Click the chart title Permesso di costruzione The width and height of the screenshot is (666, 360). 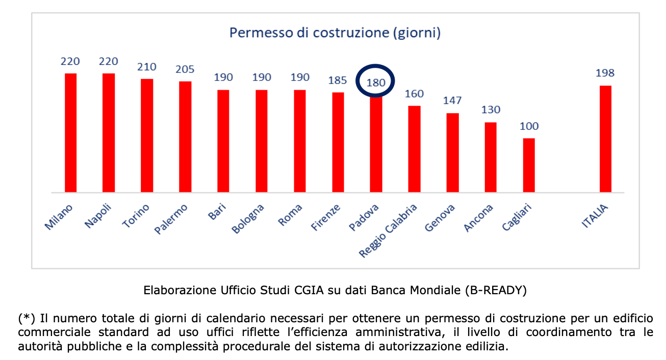pyautogui.click(x=335, y=33)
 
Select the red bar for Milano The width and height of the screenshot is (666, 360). pyautogui.click(x=70, y=133)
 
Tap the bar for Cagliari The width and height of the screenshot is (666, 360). pyautogui.click(x=529, y=165)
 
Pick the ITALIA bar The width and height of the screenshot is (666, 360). pyautogui.click(x=605, y=139)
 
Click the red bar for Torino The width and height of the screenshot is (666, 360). pyautogui.click(x=147, y=136)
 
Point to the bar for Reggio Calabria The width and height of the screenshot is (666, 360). pyautogui.click(x=414, y=149)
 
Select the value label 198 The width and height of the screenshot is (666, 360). pyautogui.click(x=605, y=73)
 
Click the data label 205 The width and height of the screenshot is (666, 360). pyautogui.click(x=185, y=69)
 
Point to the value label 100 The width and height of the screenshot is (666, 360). pyautogui.click(x=529, y=126)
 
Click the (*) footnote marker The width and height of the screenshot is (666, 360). pyautogui.click(x=27, y=319)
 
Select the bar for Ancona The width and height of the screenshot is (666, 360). pyautogui.click(x=491, y=157)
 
